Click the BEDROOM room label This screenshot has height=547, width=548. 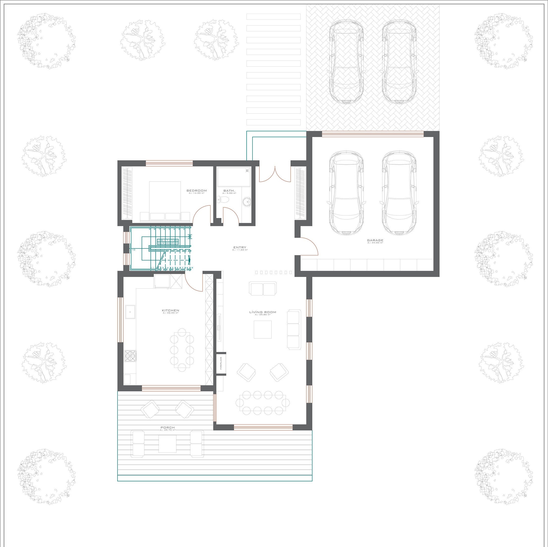(197, 191)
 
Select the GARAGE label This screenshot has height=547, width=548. (375, 240)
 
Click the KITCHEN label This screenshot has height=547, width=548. (171, 310)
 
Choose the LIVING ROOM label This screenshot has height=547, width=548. (262, 312)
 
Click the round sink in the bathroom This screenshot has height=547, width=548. (247, 202)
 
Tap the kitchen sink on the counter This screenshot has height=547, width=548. (130, 312)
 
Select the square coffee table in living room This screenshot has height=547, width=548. (263, 329)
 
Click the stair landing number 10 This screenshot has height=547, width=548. (134, 250)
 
